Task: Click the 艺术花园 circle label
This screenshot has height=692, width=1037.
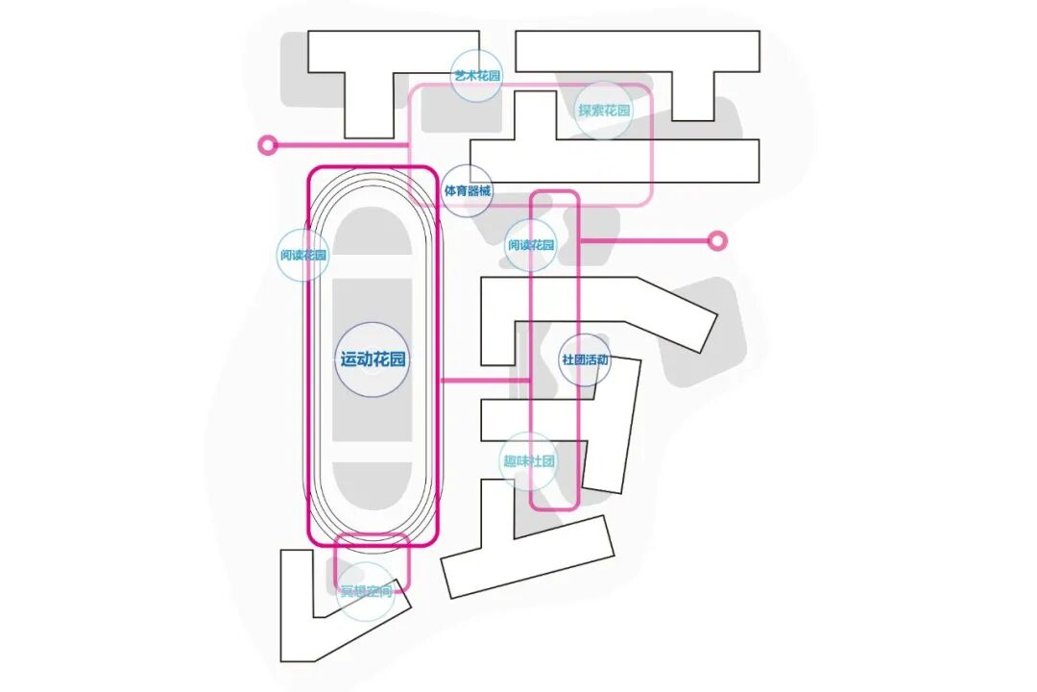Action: [x=477, y=75]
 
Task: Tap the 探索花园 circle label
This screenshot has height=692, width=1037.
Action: [x=604, y=111]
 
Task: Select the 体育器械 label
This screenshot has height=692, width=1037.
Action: [x=468, y=191]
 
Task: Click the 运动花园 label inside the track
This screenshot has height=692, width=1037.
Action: [x=373, y=360]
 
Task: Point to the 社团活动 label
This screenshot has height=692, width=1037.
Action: [x=585, y=360]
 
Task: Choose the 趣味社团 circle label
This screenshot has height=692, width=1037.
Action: [x=529, y=461]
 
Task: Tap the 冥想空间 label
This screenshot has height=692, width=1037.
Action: [x=367, y=591]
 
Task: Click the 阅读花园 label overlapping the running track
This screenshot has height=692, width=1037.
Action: [x=303, y=256]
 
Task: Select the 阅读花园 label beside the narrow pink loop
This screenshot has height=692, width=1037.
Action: [x=531, y=245]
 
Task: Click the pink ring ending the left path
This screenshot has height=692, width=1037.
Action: [x=268, y=145]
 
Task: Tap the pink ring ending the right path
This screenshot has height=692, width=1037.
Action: [x=716, y=240]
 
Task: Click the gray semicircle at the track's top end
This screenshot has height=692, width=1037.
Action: [x=373, y=231]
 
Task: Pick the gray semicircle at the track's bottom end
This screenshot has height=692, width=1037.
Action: [x=373, y=487]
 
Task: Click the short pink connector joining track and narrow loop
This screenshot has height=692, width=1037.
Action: [x=485, y=382]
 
